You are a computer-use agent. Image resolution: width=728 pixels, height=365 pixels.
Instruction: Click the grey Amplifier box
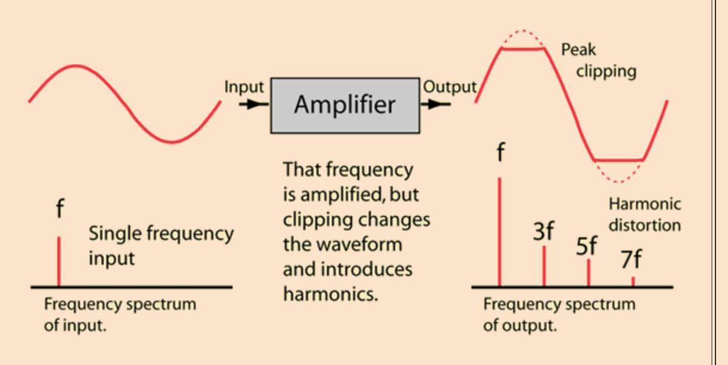point(345,105)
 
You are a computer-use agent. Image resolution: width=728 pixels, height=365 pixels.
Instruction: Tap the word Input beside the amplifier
point(243,87)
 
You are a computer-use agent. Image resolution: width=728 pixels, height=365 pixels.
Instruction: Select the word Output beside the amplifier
point(449,87)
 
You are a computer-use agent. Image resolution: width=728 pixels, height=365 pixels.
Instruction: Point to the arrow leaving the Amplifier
point(437,104)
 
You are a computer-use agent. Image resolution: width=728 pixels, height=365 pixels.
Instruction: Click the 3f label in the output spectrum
point(543,231)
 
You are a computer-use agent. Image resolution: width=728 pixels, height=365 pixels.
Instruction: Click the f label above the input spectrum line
point(59,210)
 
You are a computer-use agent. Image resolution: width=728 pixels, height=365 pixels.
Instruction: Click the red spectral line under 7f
point(633,281)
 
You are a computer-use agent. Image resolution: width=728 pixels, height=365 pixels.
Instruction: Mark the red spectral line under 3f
point(544,266)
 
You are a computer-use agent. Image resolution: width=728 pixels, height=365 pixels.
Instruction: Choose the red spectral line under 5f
point(588,273)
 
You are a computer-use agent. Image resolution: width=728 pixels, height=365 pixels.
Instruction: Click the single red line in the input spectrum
point(58,261)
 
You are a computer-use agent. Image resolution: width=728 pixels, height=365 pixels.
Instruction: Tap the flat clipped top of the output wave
point(523,50)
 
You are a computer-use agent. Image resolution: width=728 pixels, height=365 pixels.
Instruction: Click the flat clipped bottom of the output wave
point(619,160)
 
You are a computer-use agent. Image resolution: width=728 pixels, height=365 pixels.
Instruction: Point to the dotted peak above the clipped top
point(523,30)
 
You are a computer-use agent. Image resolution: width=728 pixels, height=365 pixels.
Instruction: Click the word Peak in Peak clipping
point(578,50)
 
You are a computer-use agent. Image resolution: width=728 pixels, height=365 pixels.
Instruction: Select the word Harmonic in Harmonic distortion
point(644,204)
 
